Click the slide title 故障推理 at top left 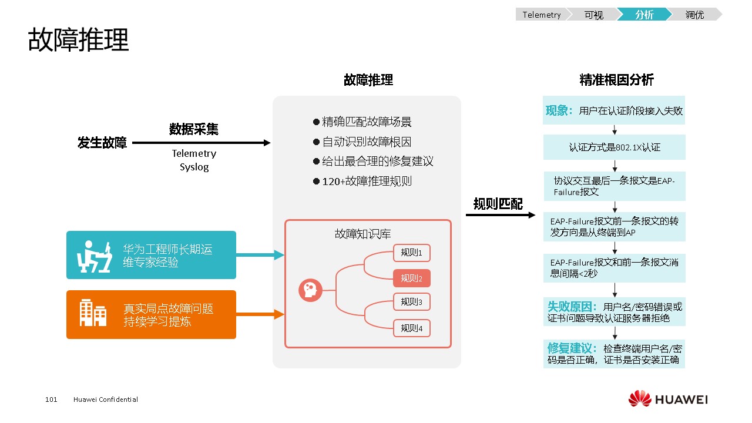78,40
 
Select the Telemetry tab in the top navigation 541,15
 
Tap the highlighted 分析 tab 644,15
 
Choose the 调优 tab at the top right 694,15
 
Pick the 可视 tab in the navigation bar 593,15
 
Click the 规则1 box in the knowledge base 412,253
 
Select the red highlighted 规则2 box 412,278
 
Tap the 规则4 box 412,328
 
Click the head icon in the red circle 310,290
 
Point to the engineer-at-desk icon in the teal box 95,256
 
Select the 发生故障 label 102,143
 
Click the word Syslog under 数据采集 194,167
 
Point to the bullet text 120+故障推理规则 367,182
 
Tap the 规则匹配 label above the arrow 498,204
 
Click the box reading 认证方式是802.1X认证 614,147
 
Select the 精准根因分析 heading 616,80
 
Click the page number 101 51,399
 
